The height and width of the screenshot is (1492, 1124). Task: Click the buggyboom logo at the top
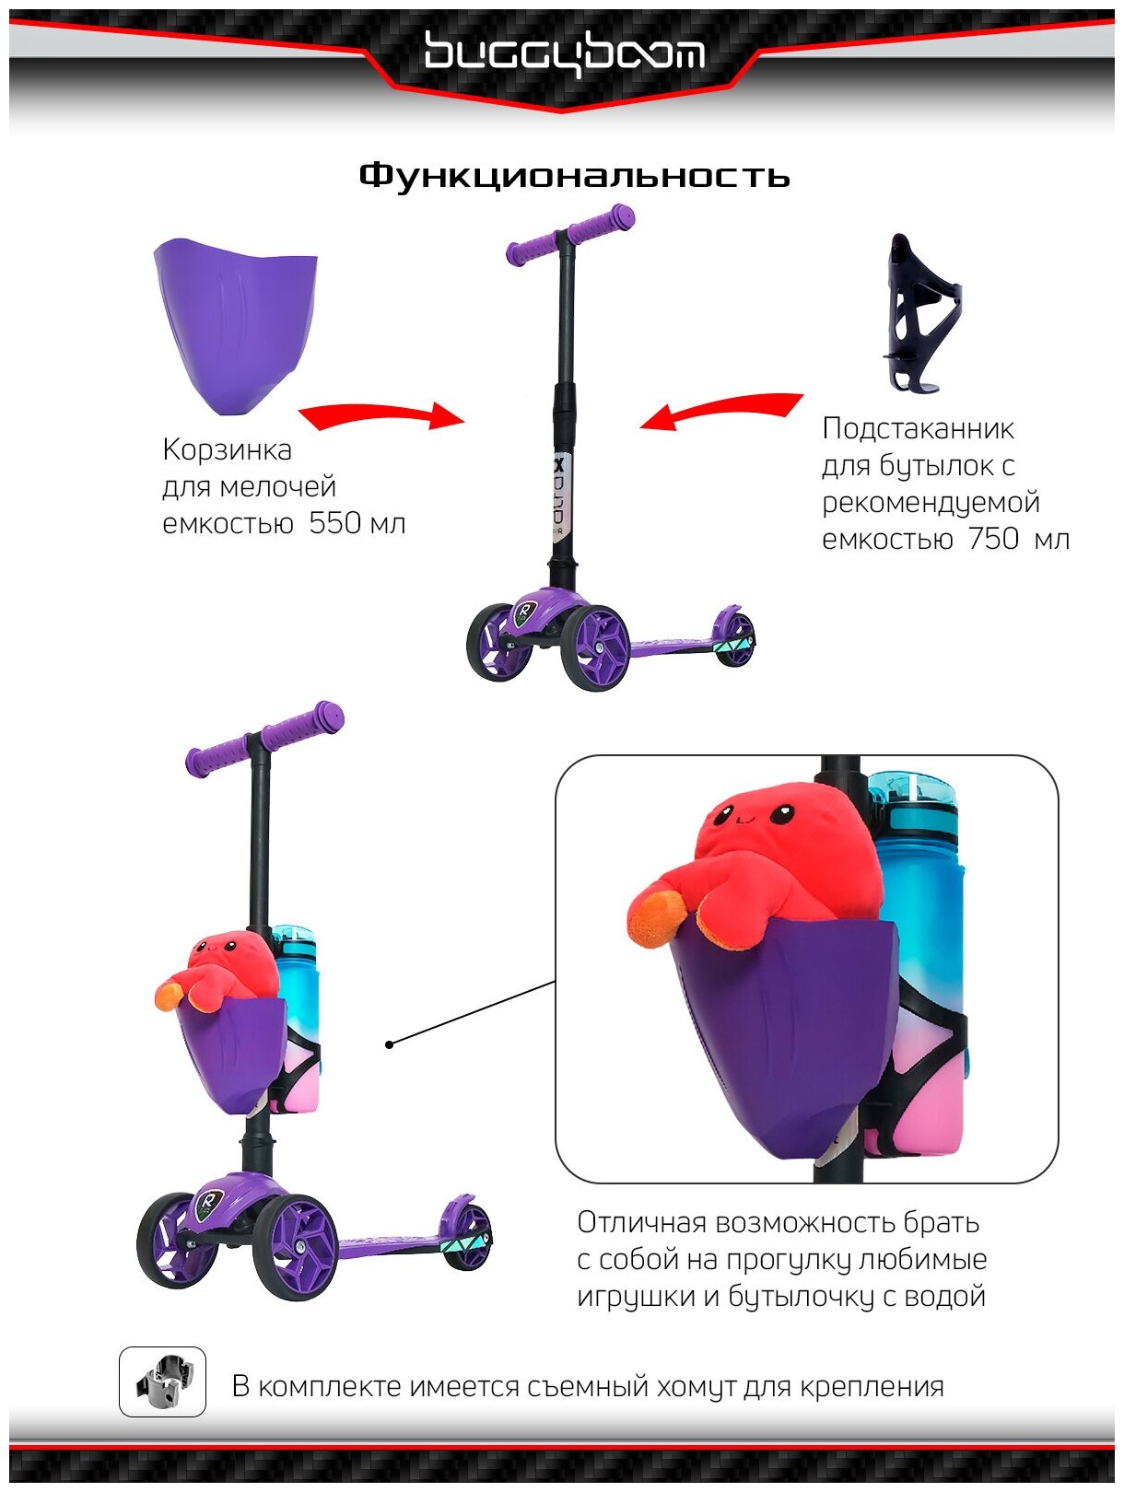tap(563, 52)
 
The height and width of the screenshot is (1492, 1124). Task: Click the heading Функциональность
tap(574, 175)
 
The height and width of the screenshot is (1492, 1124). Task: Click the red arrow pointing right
tap(381, 417)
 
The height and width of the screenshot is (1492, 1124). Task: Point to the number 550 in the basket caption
tap(334, 524)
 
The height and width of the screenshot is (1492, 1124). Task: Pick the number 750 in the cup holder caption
tap(992, 539)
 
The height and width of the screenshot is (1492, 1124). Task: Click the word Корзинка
tap(227, 450)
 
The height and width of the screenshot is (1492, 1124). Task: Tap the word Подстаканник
tap(918, 428)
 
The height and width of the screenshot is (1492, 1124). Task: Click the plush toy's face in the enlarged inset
tap(755, 816)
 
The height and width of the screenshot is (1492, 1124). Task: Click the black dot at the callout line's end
tap(390, 1044)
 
